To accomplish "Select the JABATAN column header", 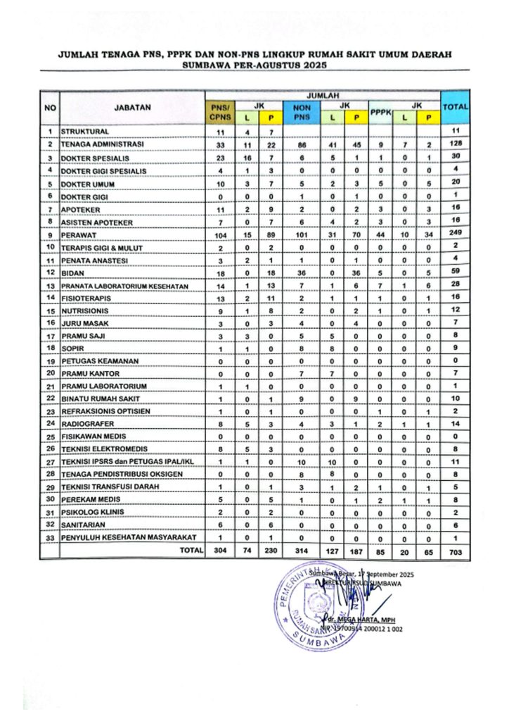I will click(x=131, y=108).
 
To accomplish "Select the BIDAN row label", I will click(x=73, y=272).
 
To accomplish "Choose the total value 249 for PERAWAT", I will click(x=454, y=233).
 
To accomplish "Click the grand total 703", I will click(x=454, y=551).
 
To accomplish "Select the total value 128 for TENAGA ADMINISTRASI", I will click(x=454, y=144).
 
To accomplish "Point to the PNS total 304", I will click(x=219, y=551).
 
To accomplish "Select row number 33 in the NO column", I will click(x=51, y=537).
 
